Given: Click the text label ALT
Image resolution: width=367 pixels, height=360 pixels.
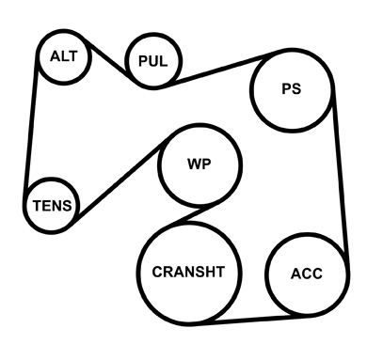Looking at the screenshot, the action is [x=64, y=56].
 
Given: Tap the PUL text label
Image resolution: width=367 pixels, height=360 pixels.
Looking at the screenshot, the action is [x=153, y=61].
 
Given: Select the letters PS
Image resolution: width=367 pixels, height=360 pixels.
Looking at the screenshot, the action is [x=292, y=88].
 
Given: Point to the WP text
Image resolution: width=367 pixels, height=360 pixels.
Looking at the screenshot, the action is [x=199, y=164].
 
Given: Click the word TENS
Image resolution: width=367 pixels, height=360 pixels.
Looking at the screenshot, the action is [x=52, y=206].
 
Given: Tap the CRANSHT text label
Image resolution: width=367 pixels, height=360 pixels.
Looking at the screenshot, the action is [x=188, y=272].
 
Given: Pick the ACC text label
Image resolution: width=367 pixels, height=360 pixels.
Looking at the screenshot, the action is [x=307, y=274].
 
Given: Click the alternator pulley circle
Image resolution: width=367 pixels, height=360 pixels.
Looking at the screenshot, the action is [x=38, y=57].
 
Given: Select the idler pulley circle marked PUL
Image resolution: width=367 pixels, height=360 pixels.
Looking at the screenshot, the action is [x=125, y=61].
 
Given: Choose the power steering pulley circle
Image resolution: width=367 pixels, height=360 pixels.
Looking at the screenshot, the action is [x=251, y=90].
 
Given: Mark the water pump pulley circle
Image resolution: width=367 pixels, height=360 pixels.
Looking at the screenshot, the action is [x=159, y=165].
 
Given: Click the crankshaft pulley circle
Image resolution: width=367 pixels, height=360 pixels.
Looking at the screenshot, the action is [x=137, y=274].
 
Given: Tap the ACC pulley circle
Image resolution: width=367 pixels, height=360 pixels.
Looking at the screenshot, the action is [x=266, y=274].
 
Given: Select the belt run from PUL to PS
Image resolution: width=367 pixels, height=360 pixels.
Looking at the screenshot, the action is [x=219, y=70].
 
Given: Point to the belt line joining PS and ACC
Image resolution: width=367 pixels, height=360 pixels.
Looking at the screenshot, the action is [x=341, y=169].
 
